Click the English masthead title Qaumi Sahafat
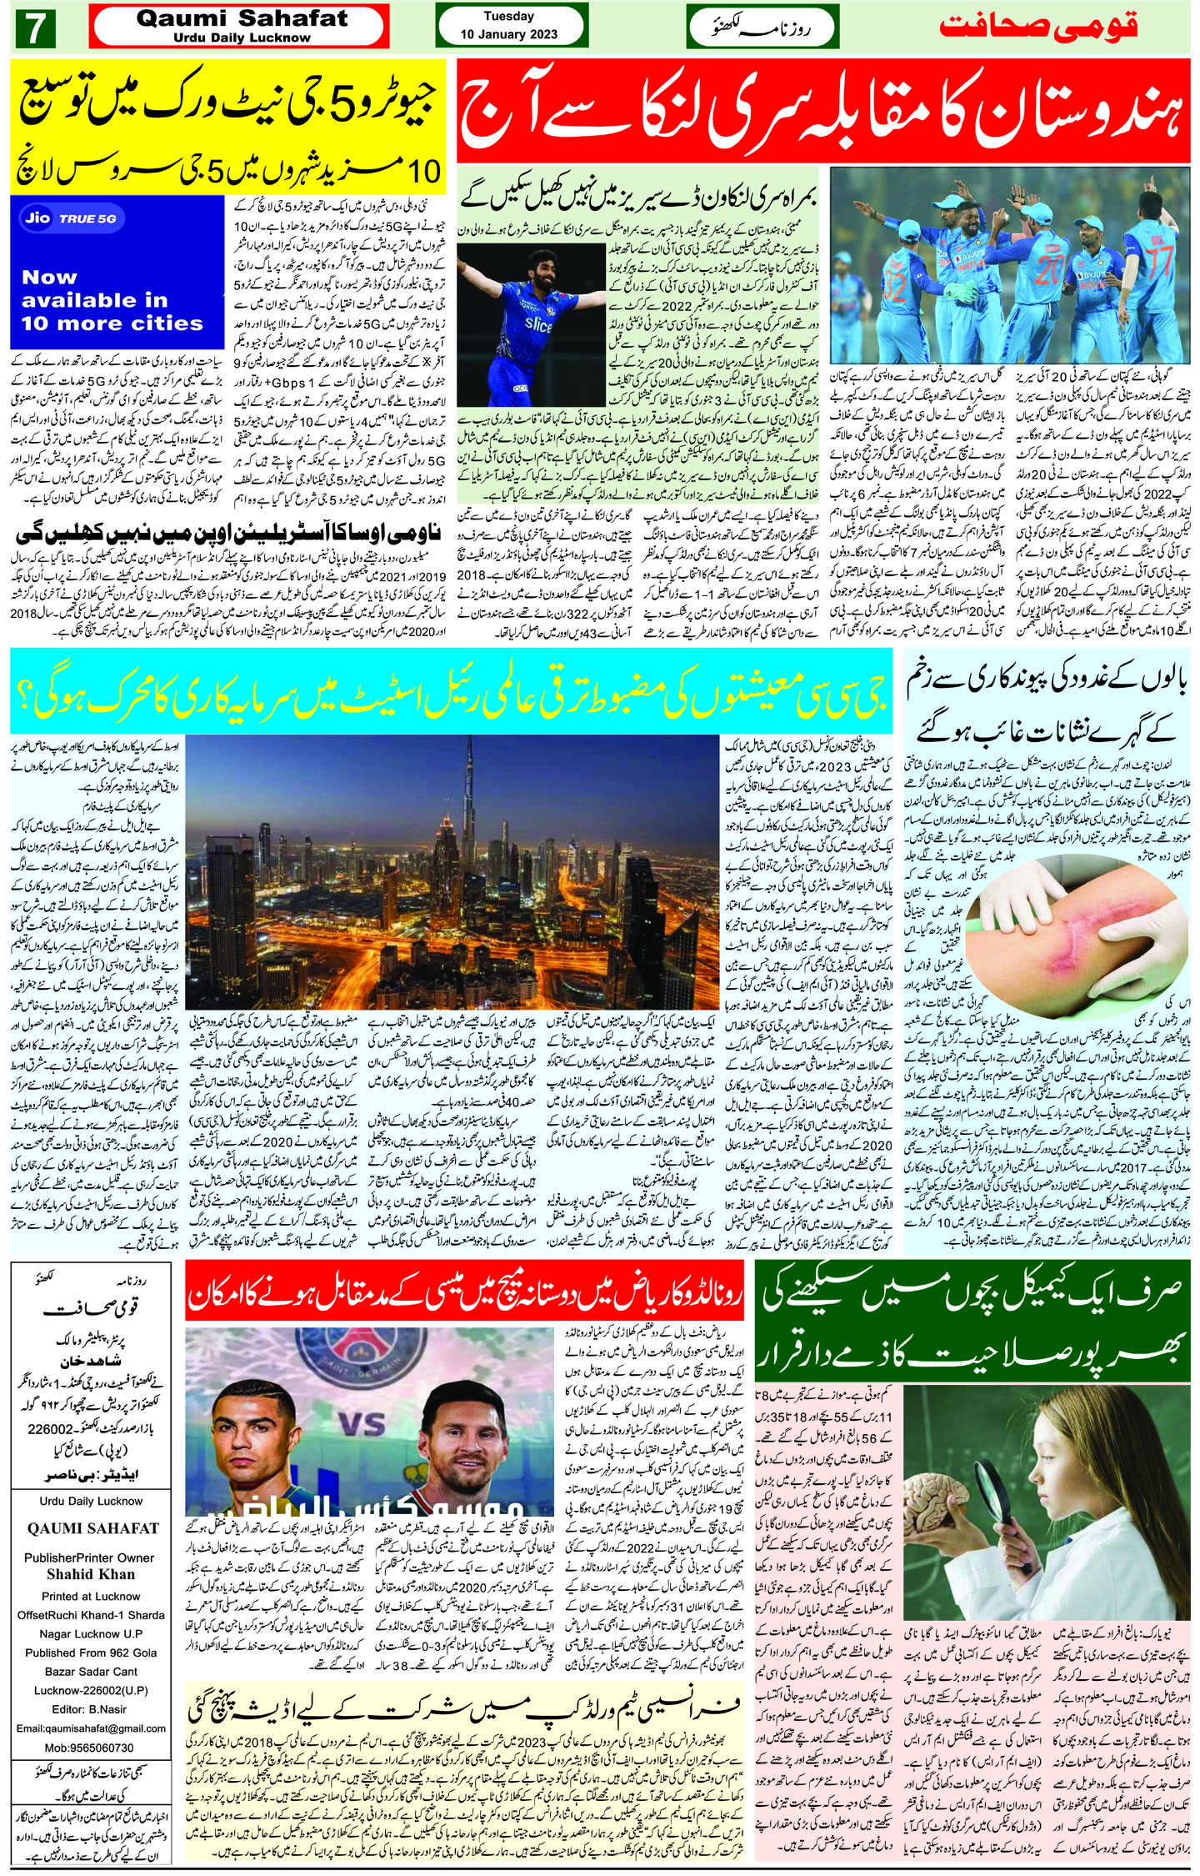click(x=242, y=19)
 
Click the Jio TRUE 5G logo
click(x=71, y=219)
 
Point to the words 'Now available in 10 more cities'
click(x=112, y=300)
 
